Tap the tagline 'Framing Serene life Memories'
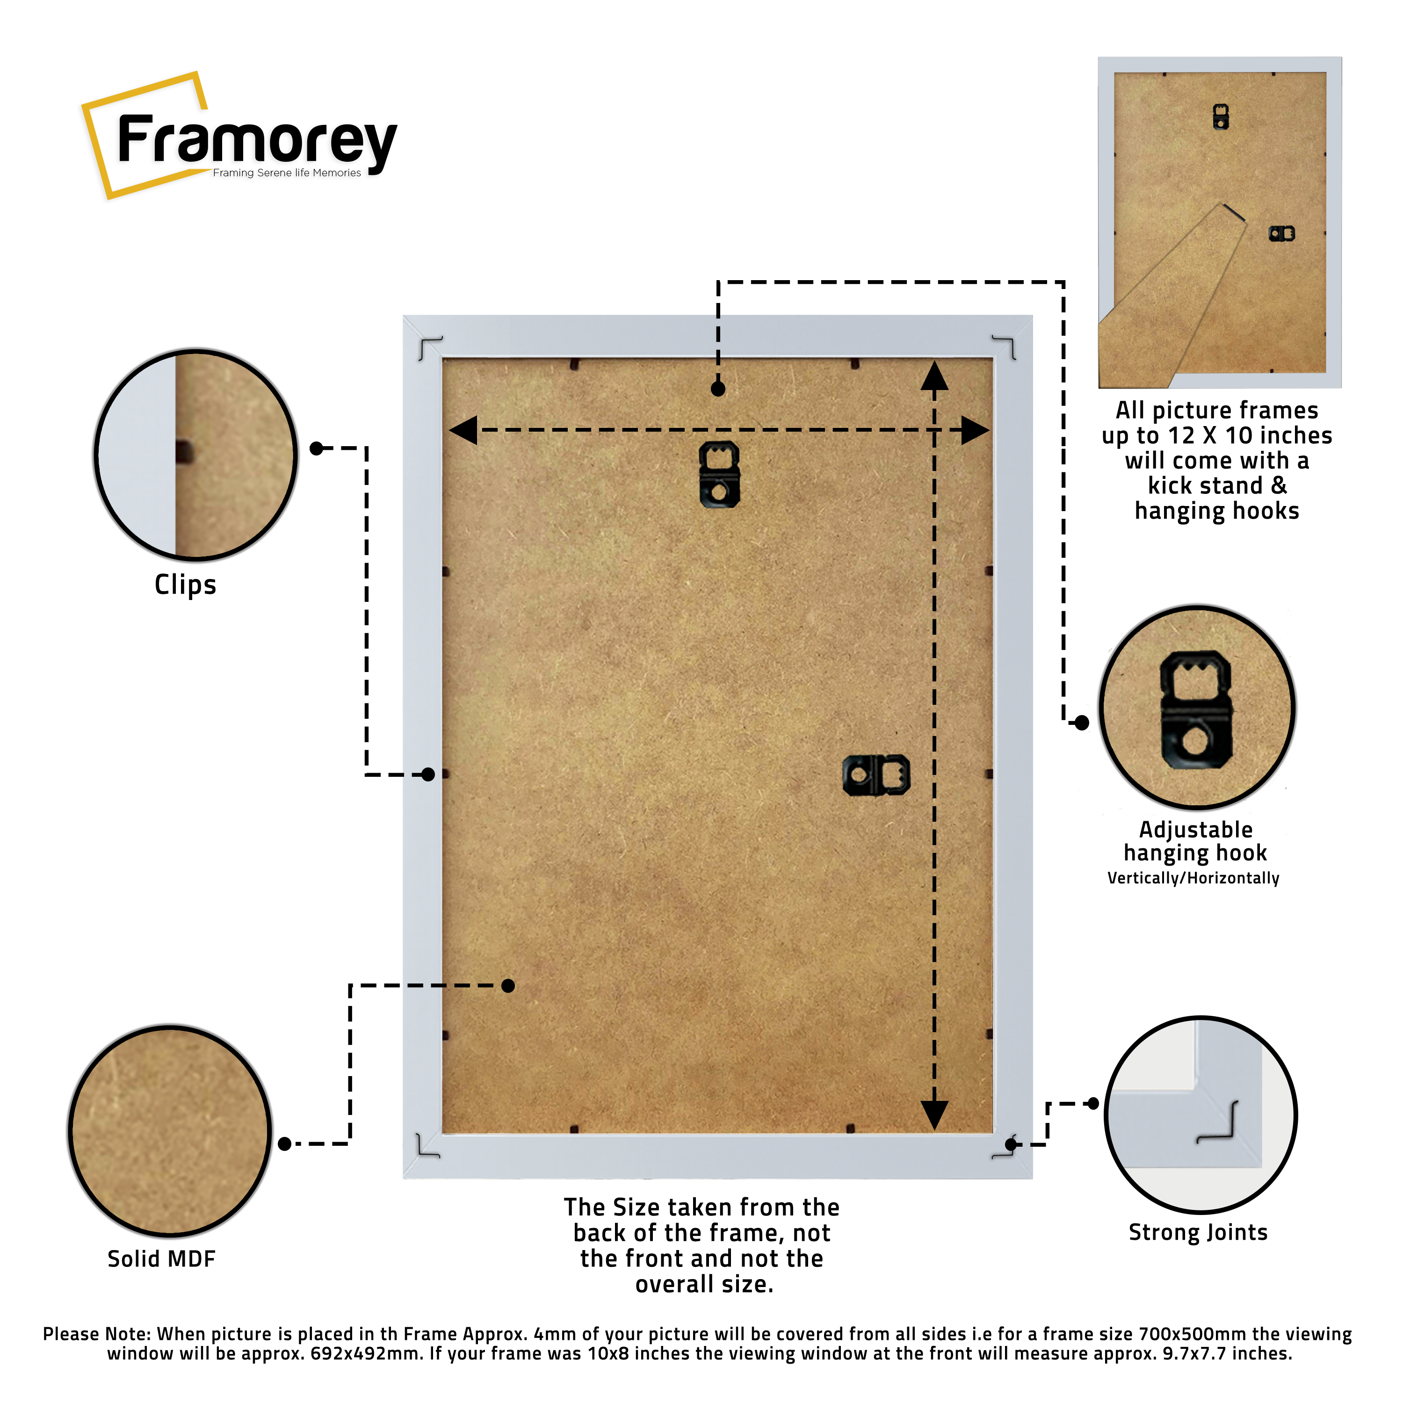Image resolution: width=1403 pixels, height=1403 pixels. pyautogui.click(x=286, y=173)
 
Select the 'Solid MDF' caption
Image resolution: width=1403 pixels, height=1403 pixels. pyautogui.click(x=161, y=1258)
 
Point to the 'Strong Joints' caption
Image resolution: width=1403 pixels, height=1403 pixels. pyautogui.click(x=1198, y=1232)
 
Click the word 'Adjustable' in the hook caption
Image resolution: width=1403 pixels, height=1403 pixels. pyautogui.click(x=1195, y=829)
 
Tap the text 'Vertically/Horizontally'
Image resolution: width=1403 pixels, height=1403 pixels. pyautogui.click(x=1193, y=878)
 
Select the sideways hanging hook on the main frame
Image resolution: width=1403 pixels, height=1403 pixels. pyautogui.click(x=876, y=775)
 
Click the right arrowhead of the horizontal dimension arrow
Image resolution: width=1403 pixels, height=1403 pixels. pyautogui.click(x=975, y=430)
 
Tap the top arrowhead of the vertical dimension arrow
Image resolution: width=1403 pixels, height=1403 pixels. pyautogui.click(x=934, y=376)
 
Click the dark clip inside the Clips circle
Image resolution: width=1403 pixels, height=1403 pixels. pyautogui.click(x=184, y=452)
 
